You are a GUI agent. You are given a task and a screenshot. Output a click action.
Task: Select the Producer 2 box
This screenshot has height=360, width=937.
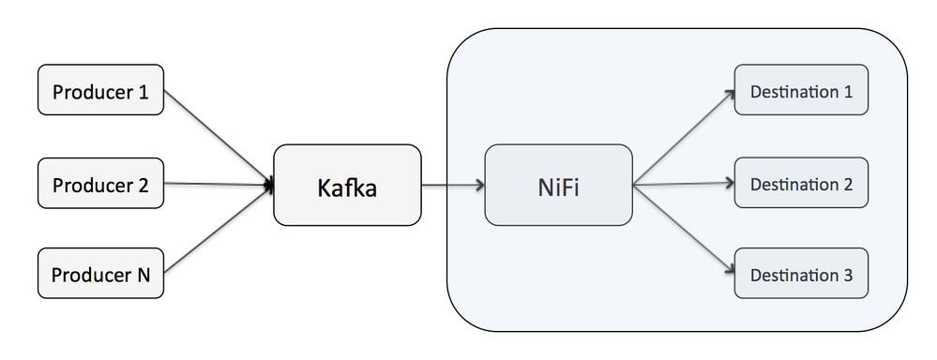pyautogui.click(x=100, y=184)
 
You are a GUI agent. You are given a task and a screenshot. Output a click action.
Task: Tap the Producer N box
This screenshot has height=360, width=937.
pyautogui.click(x=100, y=275)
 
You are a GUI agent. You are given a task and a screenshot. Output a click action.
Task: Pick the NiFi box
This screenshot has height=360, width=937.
pyautogui.click(x=558, y=185)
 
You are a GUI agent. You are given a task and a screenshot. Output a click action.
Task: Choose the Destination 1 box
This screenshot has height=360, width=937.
pyautogui.click(x=801, y=92)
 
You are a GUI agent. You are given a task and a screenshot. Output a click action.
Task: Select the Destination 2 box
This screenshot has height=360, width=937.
pyautogui.click(x=801, y=184)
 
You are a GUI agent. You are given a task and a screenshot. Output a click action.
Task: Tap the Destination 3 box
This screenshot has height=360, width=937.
pyautogui.click(x=801, y=275)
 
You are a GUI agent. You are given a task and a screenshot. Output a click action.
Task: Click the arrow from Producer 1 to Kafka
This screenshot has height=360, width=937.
pyautogui.click(x=218, y=136)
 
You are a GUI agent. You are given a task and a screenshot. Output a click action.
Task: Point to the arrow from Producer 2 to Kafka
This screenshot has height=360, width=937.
pyautogui.click(x=218, y=185)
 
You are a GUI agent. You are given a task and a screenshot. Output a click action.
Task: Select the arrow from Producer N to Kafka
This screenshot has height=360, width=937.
pyautogui.click(x=218, y=231)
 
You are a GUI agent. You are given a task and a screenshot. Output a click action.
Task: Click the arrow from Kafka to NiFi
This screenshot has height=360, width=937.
pyautogui.click(x=452, y=185)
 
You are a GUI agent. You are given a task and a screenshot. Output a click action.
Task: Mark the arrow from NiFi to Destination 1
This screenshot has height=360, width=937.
pyautogui.click(x=683, y=138)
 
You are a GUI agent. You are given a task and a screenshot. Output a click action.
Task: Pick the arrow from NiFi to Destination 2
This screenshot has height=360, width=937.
pyautogui.click(x=683, y=185)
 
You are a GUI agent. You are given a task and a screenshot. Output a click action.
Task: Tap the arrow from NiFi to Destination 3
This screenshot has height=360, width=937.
pyautogui.click(x=683, y=230)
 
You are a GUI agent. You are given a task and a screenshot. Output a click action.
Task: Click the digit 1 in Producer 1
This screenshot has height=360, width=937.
pyautogui.click(x=144, y=92)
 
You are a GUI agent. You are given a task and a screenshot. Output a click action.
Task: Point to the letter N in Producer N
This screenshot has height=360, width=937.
pyautogui.click(x=144, y=276)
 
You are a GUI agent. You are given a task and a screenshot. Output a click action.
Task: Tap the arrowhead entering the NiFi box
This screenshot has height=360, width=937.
pyautogui.click(x=479, y=185)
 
